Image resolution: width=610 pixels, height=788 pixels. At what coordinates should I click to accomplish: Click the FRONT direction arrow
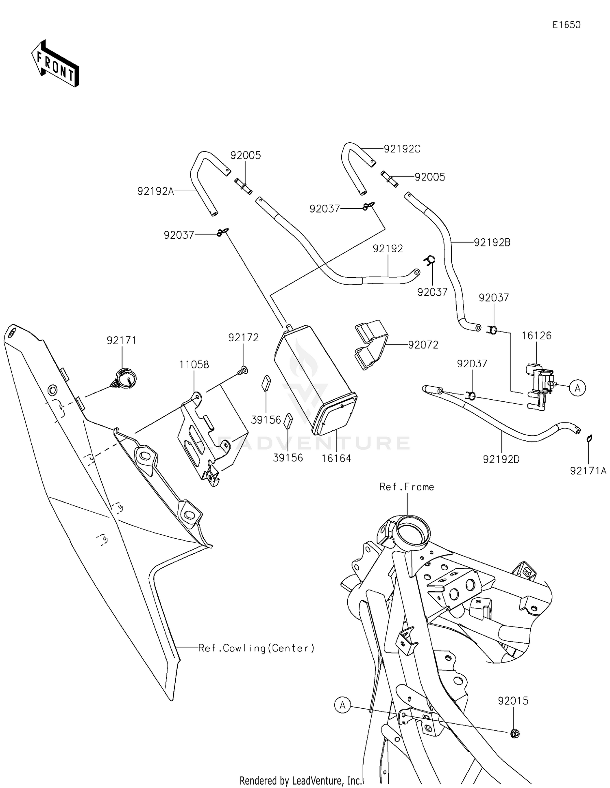[55, 64]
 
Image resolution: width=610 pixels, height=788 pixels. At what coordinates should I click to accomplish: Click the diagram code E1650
[566, 25]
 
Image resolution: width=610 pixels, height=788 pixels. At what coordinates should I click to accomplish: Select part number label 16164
[336, 458]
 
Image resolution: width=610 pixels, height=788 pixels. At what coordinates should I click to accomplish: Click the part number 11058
[194, 365]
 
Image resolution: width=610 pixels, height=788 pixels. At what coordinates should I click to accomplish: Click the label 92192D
[501, 459]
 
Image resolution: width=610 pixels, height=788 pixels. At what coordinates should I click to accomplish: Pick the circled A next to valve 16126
[577, 388]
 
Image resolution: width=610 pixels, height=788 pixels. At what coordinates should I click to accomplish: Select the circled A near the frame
[342, 705]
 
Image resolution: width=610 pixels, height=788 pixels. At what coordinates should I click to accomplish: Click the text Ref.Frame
[406, 487]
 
